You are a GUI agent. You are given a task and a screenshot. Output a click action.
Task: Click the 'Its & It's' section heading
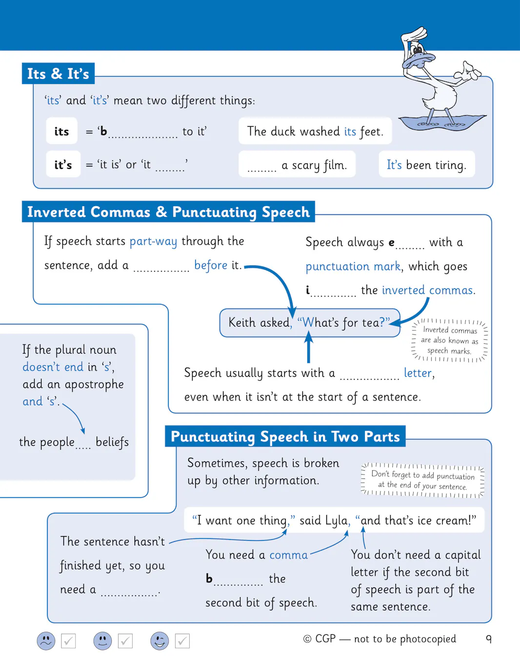58,74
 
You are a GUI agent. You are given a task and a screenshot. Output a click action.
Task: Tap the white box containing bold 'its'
61,131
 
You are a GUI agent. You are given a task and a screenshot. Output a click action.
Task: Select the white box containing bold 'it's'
63,165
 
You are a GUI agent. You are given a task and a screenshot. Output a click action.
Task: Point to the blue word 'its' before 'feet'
350,131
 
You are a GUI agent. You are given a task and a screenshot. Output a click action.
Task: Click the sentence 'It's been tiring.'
426,165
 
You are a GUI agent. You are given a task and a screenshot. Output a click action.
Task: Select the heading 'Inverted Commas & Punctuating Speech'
168,212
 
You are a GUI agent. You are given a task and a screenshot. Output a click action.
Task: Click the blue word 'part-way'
153,241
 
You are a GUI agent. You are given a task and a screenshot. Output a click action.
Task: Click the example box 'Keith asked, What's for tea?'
309,323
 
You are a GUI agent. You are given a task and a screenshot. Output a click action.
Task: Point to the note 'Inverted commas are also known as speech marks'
449,340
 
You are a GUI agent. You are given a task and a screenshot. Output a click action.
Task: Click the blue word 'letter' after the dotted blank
418,373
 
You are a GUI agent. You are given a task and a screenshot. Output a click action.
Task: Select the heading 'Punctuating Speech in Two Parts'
285,436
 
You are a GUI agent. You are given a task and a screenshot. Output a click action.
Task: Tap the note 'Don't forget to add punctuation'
422,480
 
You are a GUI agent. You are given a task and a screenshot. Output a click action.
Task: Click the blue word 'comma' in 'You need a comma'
289,555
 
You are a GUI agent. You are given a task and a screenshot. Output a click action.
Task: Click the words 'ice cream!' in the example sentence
453,520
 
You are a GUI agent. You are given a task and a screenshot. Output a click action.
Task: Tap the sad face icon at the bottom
46,641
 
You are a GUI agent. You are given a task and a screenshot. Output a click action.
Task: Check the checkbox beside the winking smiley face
182,641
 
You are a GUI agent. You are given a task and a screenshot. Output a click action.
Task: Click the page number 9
488,639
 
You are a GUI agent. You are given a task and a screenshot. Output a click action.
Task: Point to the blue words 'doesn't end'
53,367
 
